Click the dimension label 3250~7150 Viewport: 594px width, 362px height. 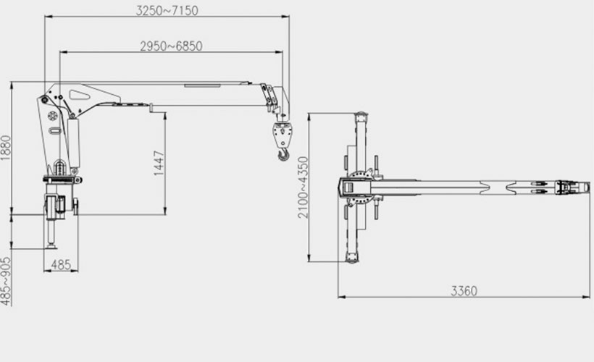167,10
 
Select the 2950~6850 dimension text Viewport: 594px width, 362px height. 171,46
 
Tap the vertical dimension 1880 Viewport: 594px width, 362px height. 6,148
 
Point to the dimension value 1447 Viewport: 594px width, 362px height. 159,164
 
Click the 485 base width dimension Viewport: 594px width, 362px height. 62,265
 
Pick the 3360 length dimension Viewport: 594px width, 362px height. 464,291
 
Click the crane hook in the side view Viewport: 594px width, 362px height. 283,154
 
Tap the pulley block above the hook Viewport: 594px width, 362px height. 281,133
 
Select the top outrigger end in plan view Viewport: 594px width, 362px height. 359,117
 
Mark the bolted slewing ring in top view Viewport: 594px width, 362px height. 362,188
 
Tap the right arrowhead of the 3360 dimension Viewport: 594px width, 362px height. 588,296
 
